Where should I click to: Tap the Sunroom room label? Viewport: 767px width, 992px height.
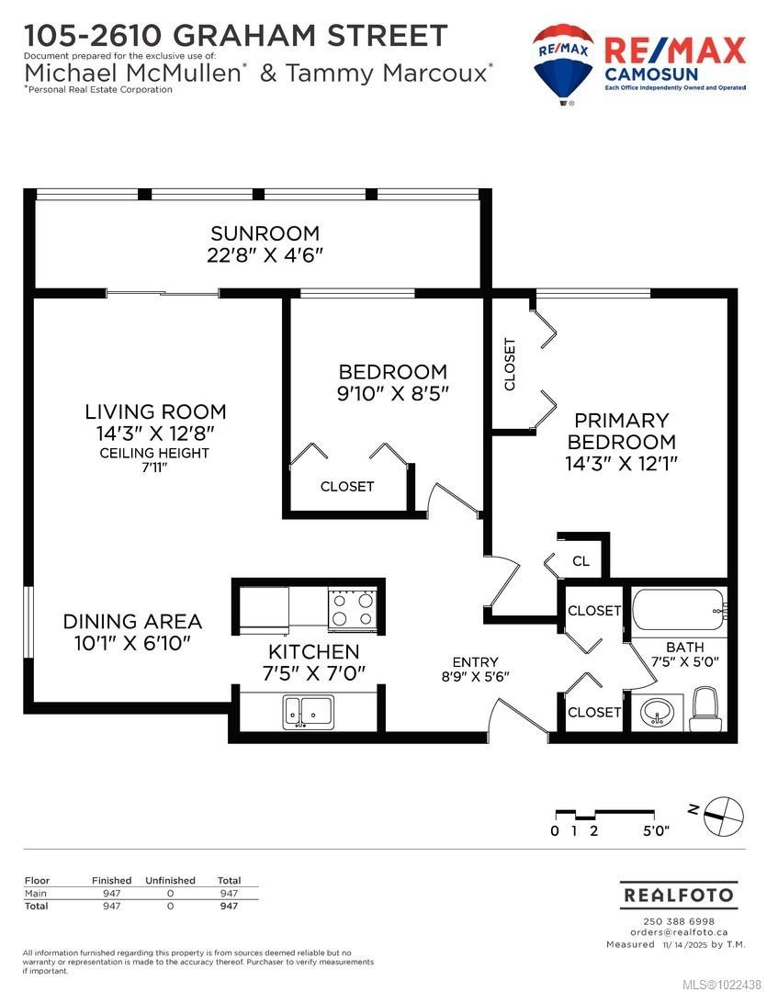coord(265,233)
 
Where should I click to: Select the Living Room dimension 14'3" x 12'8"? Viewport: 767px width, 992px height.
coord(155,433)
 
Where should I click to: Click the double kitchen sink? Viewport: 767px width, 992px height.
coord(309,710)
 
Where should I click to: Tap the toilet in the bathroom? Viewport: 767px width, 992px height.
coord(705,709)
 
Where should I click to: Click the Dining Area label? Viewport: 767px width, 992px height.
coord(132,622)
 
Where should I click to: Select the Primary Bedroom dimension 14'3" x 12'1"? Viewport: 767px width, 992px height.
coord(621,464)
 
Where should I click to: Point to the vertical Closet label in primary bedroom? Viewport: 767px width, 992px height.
coord(510,364)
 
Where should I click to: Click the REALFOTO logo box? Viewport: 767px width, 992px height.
coord(678,895)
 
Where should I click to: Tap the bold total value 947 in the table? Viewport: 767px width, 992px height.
coord(229,906)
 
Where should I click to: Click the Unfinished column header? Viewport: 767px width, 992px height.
coord(170,880)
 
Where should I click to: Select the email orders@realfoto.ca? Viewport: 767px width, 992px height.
coord(678,932)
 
